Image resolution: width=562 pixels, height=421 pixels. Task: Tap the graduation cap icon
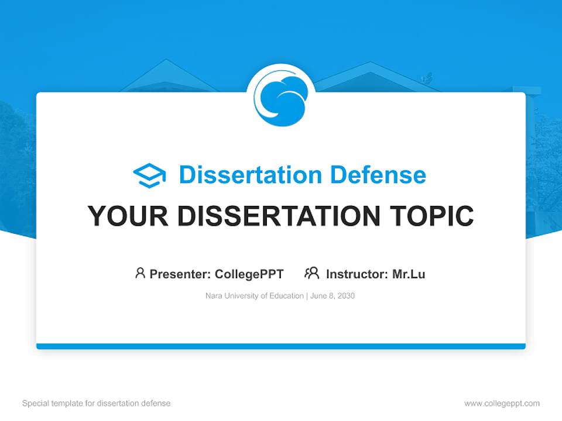(x=149, y=175)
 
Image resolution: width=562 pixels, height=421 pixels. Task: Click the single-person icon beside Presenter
(x=140, y=273)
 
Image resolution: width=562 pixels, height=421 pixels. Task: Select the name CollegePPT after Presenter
(x=249, y=274)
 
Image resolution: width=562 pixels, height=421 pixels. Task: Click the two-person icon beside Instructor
(x=311, y=273)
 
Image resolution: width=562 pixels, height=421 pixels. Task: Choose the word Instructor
(x=357, y=274)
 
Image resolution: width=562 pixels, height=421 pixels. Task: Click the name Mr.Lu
(x=409, y=274)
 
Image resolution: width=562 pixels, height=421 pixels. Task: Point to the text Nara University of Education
(x=254, y=296)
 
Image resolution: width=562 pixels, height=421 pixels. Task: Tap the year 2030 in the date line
(x=345, y=296)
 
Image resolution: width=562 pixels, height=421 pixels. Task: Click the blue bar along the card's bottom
(x=281, y=346)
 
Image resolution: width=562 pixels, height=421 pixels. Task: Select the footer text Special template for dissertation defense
(x=97, y=403)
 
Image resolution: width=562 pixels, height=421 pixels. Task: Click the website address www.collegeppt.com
(x=502, y=403)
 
